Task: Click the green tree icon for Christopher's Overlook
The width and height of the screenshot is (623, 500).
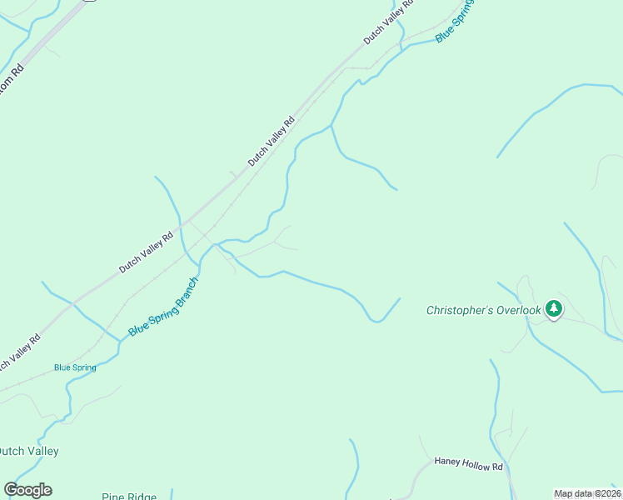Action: click(554, 309)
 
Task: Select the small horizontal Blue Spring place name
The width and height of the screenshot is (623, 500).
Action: click(75, 367)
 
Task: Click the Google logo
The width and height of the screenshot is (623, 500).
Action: click(27, 490)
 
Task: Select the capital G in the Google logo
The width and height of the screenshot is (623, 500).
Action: click(11, 489)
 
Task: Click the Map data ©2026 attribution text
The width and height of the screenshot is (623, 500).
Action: click(587, 493)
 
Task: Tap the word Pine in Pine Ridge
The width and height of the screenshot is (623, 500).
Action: click(114, 497)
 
